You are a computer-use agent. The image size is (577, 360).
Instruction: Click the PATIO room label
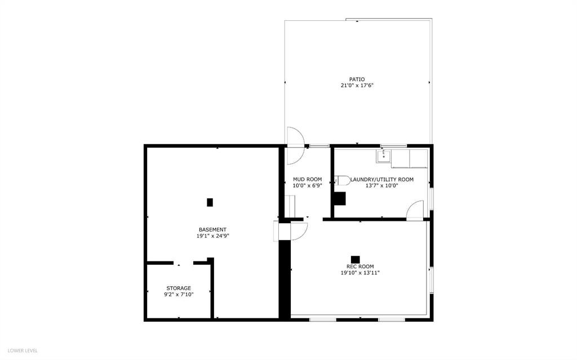pos(357,79)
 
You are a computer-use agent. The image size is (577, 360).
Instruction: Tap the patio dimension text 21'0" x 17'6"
pos(357,86)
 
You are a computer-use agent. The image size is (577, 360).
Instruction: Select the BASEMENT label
pos(212,230)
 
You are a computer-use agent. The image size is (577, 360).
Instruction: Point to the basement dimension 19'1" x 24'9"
pos(212,236)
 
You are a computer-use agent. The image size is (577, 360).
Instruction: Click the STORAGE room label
pos(179,288)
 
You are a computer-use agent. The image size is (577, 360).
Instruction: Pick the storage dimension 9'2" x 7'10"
pos(179,295)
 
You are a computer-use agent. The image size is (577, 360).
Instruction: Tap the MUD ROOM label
pos(307,180)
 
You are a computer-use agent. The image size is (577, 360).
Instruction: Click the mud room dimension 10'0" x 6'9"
pos(307,186)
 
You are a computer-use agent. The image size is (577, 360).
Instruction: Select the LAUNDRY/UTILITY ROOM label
pos(382,180)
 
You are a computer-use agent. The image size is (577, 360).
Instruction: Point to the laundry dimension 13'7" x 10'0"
pos(382,186)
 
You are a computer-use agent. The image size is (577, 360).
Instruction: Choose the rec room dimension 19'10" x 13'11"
pos(360,273)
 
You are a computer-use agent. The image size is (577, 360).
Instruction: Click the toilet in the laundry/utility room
pos(343,180)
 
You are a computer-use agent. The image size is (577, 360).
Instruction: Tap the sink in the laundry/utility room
pos(383,156)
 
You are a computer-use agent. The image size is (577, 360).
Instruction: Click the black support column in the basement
pos(210,202)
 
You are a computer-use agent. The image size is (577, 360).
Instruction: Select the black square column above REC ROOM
pos(355,260)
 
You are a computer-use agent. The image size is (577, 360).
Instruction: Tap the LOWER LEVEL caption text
pos(23,350)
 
